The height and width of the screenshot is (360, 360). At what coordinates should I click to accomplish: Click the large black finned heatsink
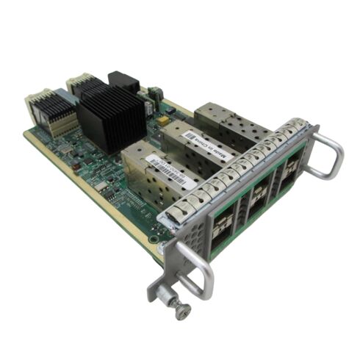[112, 117]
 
